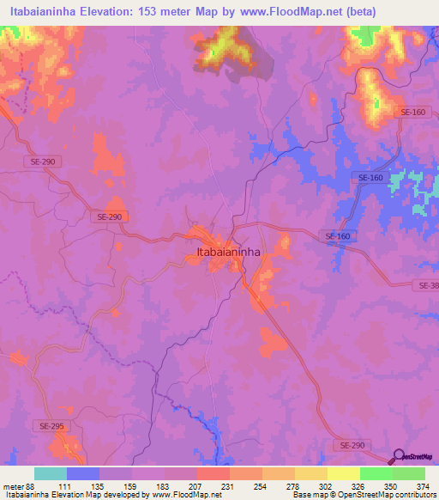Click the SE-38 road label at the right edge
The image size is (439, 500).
(429, 285)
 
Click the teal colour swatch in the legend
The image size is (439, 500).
(51, 473)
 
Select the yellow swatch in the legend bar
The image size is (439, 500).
(343, 473)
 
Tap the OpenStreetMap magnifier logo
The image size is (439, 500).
(398, 457)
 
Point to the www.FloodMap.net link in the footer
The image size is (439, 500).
(183, 496)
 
